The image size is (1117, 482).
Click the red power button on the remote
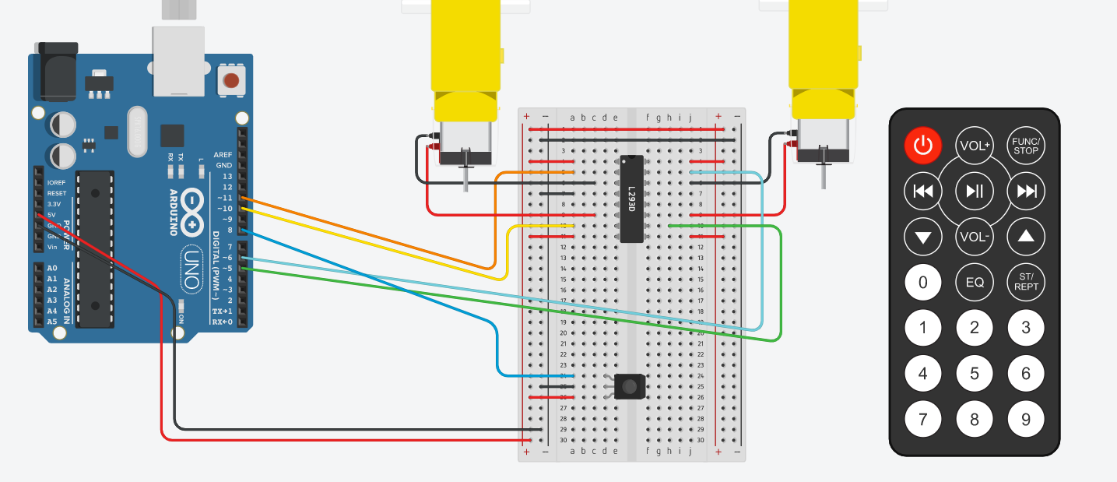[x=923, y=146]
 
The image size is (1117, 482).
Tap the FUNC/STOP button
[x=1026, y=146]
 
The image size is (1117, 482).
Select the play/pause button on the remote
[x=975, y=191]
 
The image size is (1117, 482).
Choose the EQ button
[x=975, y=282]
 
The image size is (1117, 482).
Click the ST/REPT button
[x=1026, y=282]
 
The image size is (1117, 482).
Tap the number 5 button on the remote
[x=975, y=374]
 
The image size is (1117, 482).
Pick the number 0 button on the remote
[x=923, y=282]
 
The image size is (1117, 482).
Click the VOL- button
[x=975, y=237]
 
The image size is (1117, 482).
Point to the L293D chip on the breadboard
[x=632, y=199]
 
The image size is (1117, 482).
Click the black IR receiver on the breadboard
[x=629, y=386]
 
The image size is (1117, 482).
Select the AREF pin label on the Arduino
[x=223, y=155]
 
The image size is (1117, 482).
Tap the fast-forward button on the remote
[x=1026, y=191]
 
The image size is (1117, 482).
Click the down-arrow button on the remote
[x=923, y=237]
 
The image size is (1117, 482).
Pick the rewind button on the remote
[x=923, y=191]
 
